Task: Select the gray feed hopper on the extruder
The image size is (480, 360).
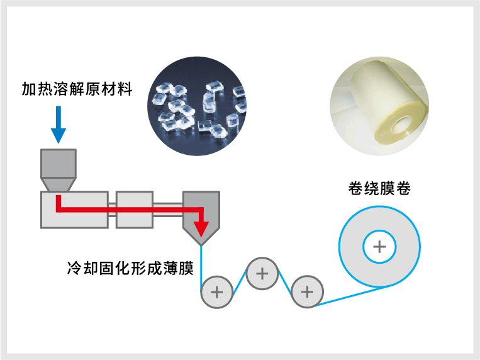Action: [58, 169]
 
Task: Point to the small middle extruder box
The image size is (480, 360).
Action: [134, 210]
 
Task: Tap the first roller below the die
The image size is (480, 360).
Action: [217, 292]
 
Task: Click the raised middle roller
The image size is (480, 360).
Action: [262, 274]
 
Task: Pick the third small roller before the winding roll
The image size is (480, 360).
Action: [307, 292]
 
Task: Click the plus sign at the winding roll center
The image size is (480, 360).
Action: [379, 246]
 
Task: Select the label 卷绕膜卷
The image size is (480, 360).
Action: [379, 188]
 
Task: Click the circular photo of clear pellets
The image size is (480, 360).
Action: [198, 106]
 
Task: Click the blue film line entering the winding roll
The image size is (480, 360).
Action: [352, 296]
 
